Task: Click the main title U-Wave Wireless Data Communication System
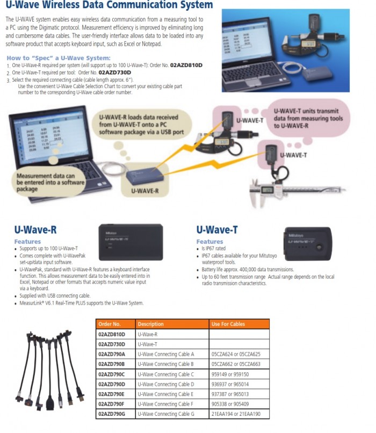tap(109, 6)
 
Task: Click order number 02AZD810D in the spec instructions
tap(186, 64)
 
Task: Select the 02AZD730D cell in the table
tap(112, 344)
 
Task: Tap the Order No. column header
tap(110, 324)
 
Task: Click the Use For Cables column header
tap(228, 324)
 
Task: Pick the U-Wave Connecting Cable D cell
tap(166, 384)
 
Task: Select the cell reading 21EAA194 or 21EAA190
tap(236, 414)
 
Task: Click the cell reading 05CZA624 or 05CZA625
tap(236, 354)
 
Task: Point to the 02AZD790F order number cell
tap(112, 404)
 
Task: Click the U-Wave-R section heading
tap(35, 230)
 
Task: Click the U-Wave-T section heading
tap(217, 230)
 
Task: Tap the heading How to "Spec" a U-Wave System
tap(58, 57)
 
